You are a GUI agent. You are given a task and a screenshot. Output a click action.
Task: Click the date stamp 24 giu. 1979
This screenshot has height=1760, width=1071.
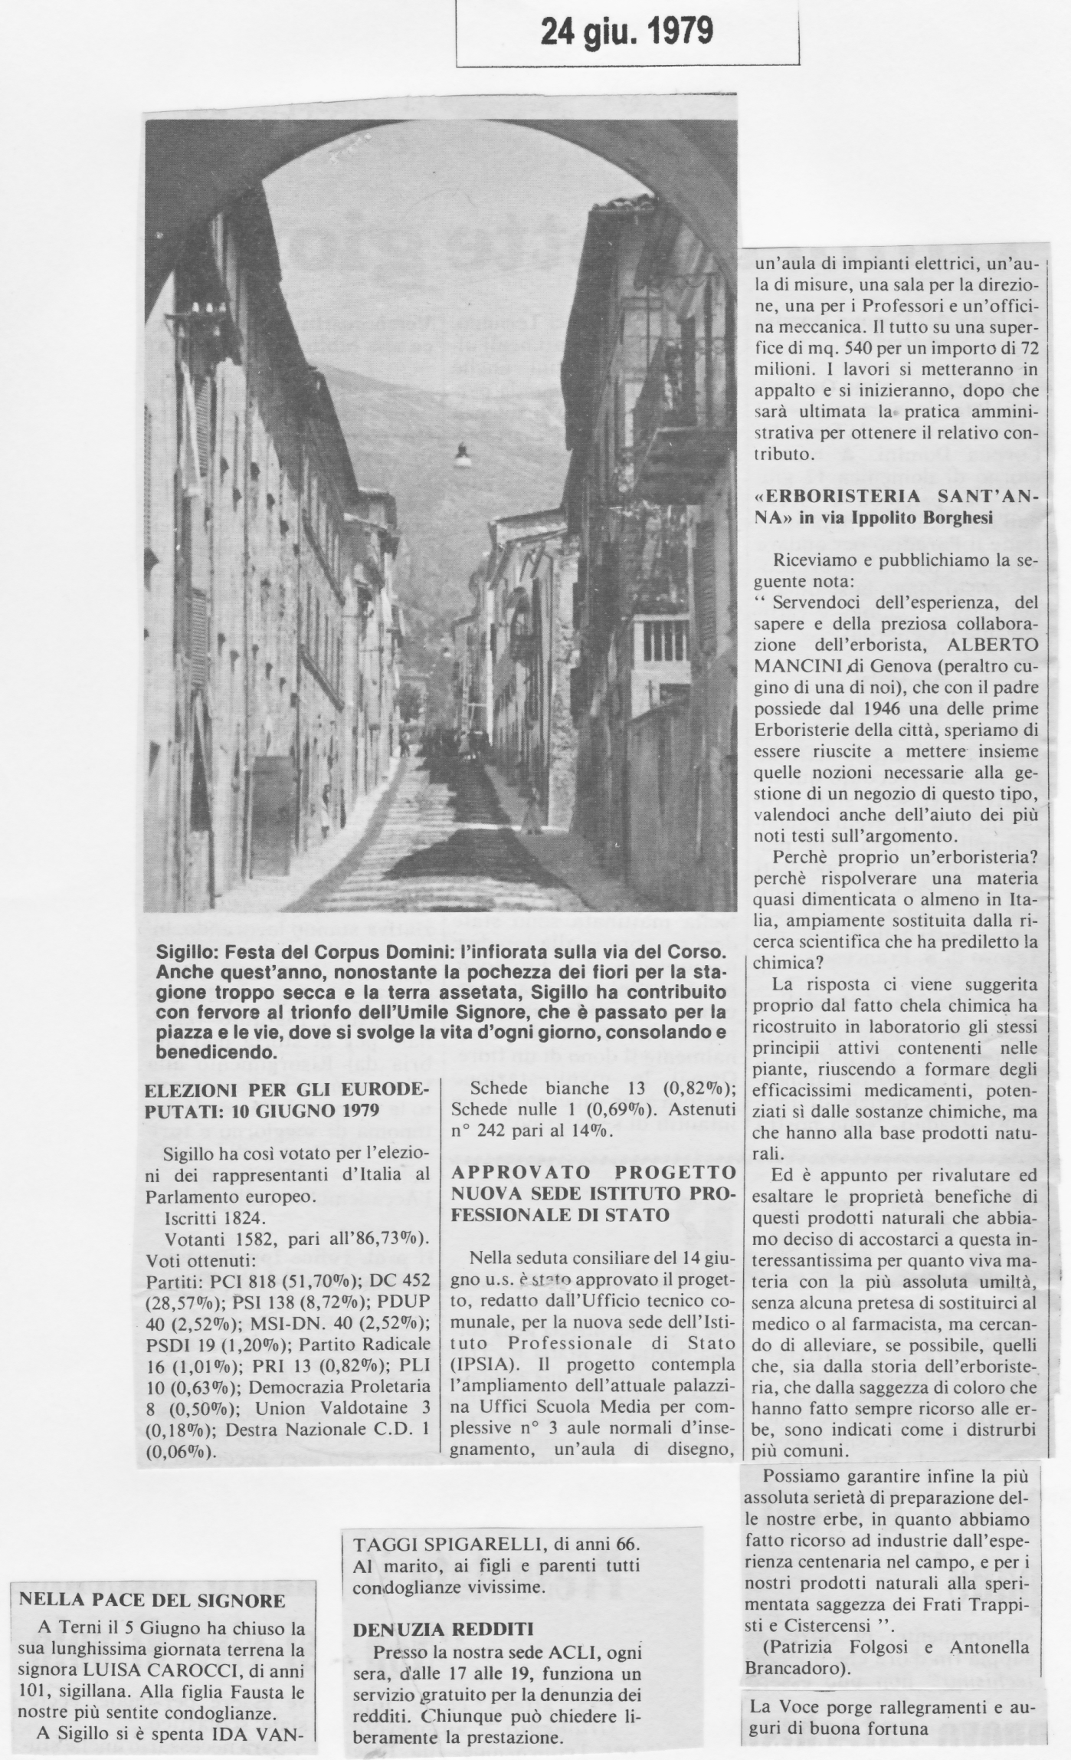pos(627,31)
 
